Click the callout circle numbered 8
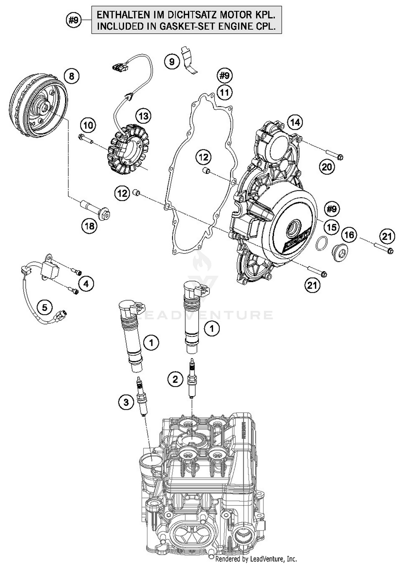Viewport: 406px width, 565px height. coord(71,76)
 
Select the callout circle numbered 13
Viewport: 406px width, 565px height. coord(143,116)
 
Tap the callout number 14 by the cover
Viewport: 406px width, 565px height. coord(295,122)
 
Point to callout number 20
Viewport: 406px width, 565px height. coord(327,167)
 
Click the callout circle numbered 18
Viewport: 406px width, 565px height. coord(90,226)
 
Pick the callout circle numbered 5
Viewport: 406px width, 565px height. coord(45,307)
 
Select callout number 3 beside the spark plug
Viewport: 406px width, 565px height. coord(126,402)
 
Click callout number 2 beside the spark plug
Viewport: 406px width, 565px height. coord(175,379)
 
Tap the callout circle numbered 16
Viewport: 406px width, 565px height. coord(349,235)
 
